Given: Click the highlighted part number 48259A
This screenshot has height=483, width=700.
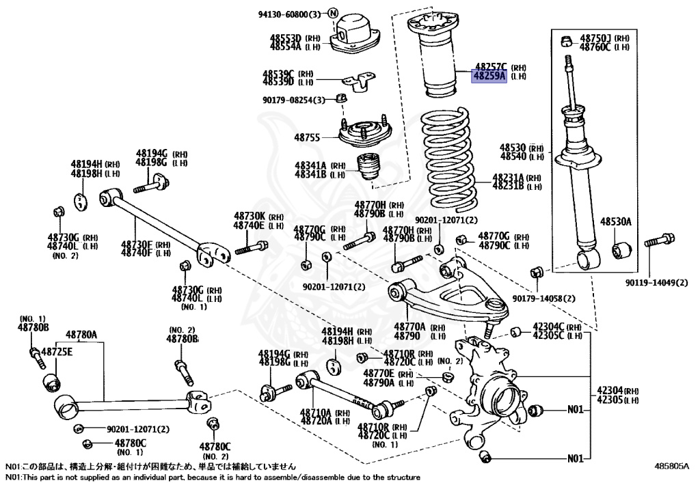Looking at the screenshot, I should (x=488, y=77).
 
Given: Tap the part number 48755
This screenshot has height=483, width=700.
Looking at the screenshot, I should (x=307, y=137).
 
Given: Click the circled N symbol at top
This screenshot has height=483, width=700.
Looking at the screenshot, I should (x=333, y=14).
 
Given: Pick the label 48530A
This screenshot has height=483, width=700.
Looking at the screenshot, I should (x=616, y=222).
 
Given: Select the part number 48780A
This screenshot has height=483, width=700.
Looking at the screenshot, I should (x=81, y=335).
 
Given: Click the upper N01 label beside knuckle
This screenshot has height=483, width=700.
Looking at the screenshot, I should (x=576, y=411).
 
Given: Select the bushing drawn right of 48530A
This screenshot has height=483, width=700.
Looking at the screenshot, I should (x=621, y=250).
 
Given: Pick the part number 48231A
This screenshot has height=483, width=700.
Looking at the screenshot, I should (x=507, y=177).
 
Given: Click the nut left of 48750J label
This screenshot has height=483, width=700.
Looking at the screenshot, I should (x=566, y=40).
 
